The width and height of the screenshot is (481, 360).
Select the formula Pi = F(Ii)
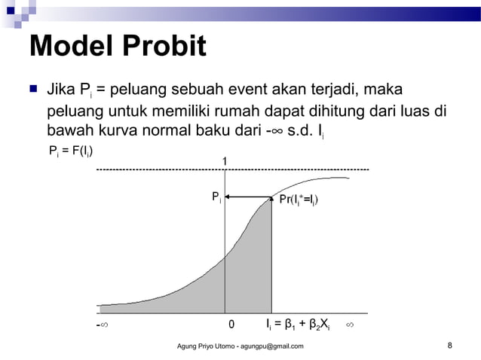[x=71, y=151]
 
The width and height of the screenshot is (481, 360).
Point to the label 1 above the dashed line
[x=224, y=161]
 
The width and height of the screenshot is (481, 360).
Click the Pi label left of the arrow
[x=216, y=198]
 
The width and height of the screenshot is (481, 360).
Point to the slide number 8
[x=449, y=346]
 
